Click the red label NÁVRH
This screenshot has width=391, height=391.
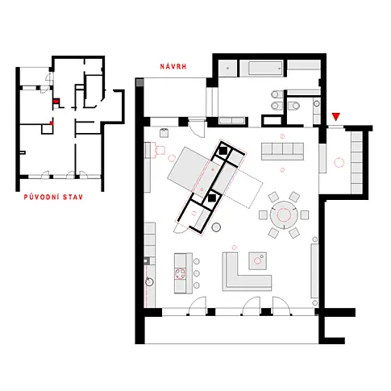coord(173,66)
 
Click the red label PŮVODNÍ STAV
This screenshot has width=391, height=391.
coord(53,197)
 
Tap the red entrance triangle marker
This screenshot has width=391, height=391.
coord(336,117)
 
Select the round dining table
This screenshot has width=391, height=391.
coord(284,214)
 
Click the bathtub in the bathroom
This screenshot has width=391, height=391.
coord(261,69)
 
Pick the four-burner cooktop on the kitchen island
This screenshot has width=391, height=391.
coord(180,273)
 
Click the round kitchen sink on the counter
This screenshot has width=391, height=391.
coord(150,282)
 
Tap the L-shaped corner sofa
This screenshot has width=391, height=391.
coord(247,272)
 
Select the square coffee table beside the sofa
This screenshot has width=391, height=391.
coord(257,260)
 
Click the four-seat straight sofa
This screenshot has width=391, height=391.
coord(282,152)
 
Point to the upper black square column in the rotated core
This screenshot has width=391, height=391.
coord(223,151)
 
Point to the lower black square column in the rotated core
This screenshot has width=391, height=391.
coord(212,198)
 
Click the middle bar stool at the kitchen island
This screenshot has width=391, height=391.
coord(197,273)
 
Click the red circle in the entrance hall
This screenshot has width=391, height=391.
coord(339,162)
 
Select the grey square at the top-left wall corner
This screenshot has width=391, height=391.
coord(139,82)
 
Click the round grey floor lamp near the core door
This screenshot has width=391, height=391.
coord(216,227)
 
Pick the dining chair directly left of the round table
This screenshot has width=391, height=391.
coord(263,215)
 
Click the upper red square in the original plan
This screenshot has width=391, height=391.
coord(56,102)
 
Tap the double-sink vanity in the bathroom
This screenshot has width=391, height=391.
coord(277,100)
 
